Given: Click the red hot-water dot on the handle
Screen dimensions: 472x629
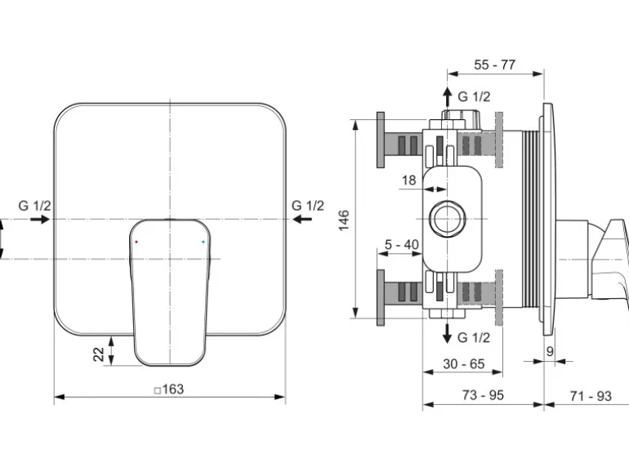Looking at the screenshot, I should coord(136,243).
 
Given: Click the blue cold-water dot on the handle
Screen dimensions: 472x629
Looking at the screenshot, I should coord(203,243).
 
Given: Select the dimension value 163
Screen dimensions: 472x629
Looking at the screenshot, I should coord(169,390).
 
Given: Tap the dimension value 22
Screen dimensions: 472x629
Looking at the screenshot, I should coord(98,354).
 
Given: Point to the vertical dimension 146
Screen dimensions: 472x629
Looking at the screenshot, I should coord(345,220).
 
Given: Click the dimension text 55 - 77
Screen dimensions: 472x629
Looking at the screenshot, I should coord(495,65).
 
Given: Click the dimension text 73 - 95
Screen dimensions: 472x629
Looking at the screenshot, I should coord(483,395).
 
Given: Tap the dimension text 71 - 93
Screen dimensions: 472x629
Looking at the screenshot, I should coord(590,395).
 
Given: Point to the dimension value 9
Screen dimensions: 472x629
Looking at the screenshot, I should coord(550,351).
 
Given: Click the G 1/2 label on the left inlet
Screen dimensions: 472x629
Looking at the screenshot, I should coord(34,205).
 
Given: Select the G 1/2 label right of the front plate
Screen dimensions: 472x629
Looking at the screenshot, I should coord(308,205).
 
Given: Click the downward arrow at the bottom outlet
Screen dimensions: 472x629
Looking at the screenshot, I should coord(447,333).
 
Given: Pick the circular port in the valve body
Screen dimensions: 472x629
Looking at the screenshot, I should coord(447,219).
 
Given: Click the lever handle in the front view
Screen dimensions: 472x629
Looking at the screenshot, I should coord(169,290).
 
